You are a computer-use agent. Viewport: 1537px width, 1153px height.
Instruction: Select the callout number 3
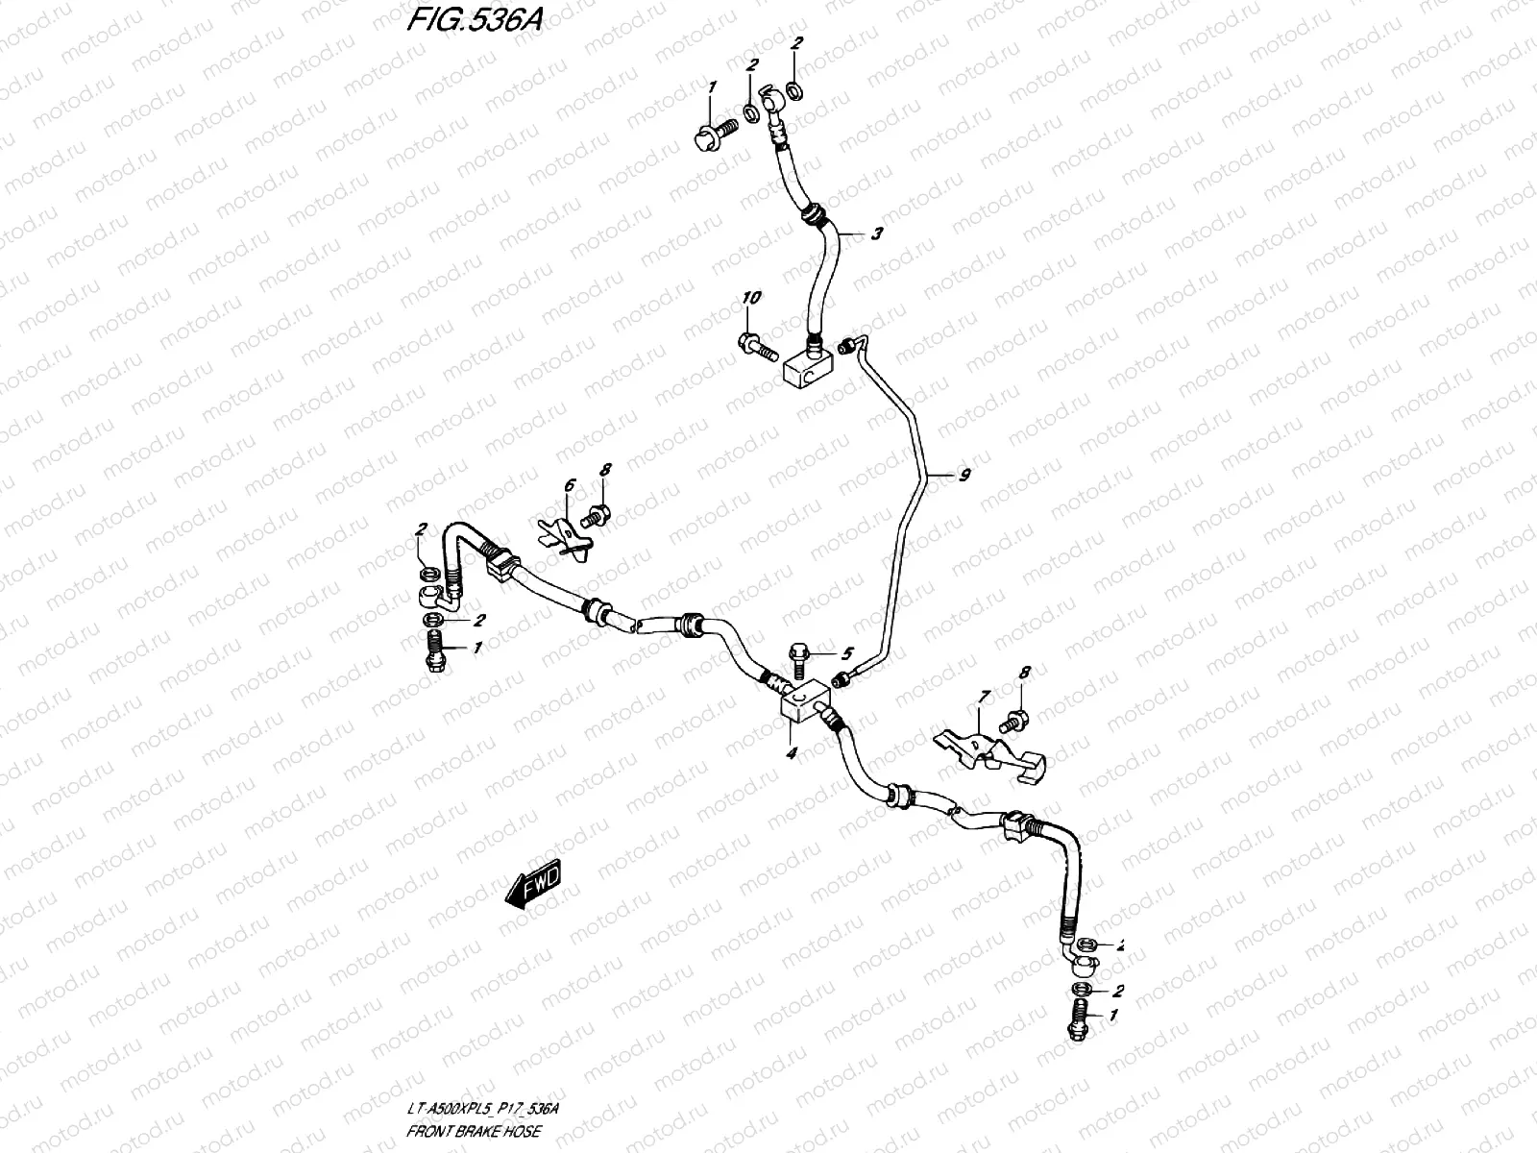[x=876, y=233]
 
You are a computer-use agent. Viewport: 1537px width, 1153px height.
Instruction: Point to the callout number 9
[x=964, y=474]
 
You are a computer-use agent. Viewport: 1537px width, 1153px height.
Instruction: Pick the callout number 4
[x=791, y=754]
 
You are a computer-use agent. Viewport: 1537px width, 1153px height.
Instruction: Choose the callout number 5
[x=846, y=653]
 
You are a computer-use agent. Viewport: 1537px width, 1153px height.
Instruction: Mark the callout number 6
[x=569, y=486]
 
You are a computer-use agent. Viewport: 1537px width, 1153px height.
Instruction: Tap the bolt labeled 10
[x=757, y=346]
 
